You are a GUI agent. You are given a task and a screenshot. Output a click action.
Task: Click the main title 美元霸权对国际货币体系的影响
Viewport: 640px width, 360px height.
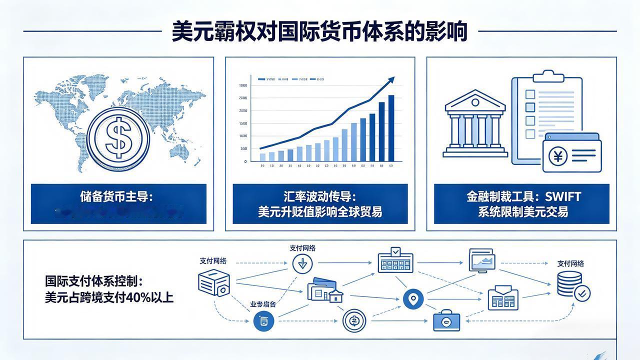coord(320,31)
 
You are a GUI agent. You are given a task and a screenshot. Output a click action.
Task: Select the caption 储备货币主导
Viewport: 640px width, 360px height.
coord(118,196)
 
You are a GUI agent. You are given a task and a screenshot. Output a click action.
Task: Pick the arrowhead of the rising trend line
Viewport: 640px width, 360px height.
coord(391,80)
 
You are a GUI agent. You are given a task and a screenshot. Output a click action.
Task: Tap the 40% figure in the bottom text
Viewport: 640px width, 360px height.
coord(137,297)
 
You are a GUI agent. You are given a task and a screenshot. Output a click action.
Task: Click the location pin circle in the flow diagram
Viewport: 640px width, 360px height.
coord(413,299)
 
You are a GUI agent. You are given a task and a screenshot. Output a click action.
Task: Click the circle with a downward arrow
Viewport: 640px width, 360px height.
coord(302,263)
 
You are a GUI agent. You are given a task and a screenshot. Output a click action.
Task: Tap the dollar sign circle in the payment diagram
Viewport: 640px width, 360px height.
coord(354,320)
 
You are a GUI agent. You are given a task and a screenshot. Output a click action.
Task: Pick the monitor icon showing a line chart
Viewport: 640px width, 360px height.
coord(482,260)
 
